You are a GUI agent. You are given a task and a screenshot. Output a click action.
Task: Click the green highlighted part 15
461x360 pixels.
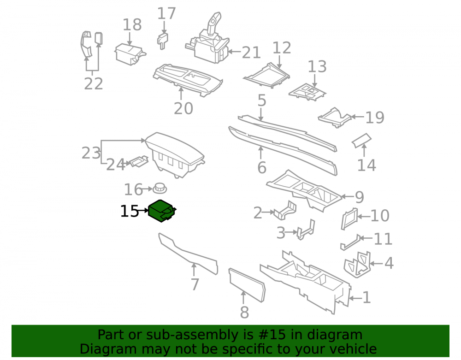coord(161,211)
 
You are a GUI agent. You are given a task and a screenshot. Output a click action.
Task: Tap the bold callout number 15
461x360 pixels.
coord(130,211)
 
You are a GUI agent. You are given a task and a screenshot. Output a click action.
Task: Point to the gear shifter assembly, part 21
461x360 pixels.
coord(209,41)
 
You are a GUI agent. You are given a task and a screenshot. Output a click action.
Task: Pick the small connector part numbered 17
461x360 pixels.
coord(162,41)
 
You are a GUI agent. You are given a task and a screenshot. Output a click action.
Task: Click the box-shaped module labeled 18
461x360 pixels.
coord(130,54)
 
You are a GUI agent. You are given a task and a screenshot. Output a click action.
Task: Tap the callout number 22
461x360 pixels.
coord(94,84)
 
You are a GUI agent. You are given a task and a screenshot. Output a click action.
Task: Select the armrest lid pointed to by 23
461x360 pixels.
coord(175,155)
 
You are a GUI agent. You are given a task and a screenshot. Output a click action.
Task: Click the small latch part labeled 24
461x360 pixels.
coord(139,161)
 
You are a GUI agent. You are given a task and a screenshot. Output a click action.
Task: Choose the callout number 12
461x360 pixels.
coord(282,47)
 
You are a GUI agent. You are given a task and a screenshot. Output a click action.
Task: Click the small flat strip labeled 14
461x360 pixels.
coord(361,141)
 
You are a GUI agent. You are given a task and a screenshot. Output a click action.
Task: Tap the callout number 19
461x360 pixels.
coord(374,118)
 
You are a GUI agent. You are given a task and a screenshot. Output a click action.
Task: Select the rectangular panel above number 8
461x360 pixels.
coord(247,285)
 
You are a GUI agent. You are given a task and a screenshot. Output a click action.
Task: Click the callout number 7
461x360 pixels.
coord(195,284)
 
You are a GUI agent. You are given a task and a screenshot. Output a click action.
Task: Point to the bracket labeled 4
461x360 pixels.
coord(357,265)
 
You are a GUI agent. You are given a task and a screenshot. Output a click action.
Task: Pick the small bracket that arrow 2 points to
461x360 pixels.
coord(285,210)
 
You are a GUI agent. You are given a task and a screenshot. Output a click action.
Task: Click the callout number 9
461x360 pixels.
coord(360,197)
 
